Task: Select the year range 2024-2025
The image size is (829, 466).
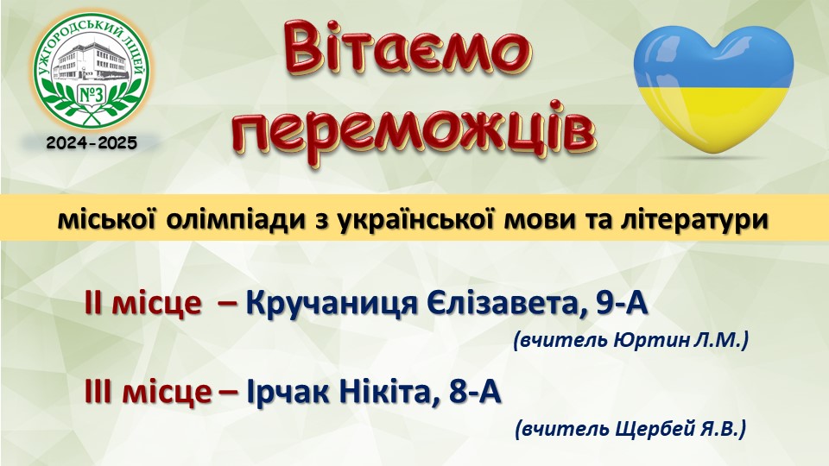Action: [92, 142]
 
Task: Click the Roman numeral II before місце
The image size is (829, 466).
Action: [93, 304]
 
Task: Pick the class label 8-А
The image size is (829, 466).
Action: [475, 392]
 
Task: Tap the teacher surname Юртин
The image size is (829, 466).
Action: [651, 341]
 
